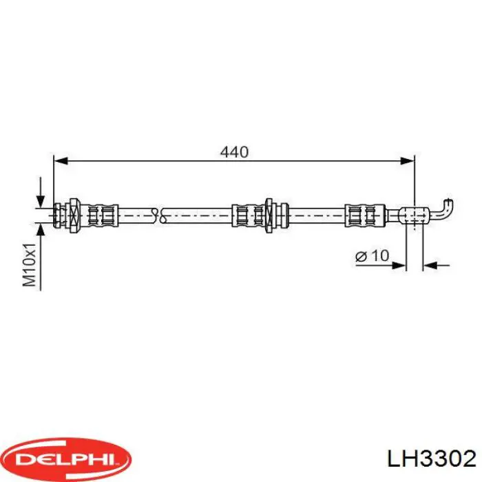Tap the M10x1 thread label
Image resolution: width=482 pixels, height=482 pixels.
point(29,263)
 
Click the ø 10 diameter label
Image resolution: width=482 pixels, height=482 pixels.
point(372,256)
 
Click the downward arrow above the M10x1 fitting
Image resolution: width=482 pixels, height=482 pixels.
point(41,193)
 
